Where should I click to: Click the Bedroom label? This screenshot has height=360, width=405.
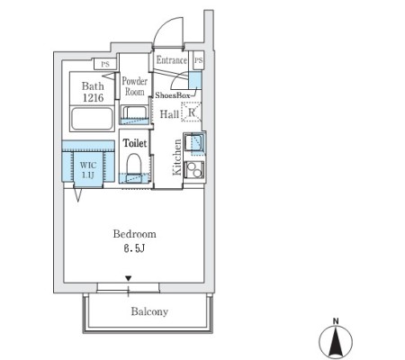click(134, 234)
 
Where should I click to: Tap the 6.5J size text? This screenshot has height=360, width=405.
click(134, 248)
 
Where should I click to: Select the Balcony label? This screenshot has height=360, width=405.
click(149, 311)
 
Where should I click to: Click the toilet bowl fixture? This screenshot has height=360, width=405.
click(133, 164)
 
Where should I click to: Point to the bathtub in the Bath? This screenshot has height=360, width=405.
click(92, 119)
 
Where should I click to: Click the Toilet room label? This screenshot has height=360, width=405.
click(135, 143)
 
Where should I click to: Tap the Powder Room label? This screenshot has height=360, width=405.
click(134, 86)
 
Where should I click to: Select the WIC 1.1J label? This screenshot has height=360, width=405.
click(88, 170)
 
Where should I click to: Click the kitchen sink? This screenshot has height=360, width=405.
click(194, 142)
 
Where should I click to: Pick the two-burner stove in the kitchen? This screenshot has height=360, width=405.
click(193, 169)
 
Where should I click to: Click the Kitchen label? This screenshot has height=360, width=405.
click(177, 157)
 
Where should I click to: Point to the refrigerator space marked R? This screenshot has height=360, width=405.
click(191, 112)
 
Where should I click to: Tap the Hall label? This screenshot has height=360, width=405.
click(169, 114)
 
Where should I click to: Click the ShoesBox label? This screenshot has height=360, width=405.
click(173, 95)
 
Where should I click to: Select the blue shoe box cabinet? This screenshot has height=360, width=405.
click(195, 80)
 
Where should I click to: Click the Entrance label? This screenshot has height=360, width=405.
click(172, 60)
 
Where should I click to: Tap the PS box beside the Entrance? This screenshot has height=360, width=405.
click(198, 60)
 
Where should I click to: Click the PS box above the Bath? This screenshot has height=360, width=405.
click(105, 64)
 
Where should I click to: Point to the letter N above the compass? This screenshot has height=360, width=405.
click(336, 321)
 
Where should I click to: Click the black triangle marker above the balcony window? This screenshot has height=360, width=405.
click(129, 279)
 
